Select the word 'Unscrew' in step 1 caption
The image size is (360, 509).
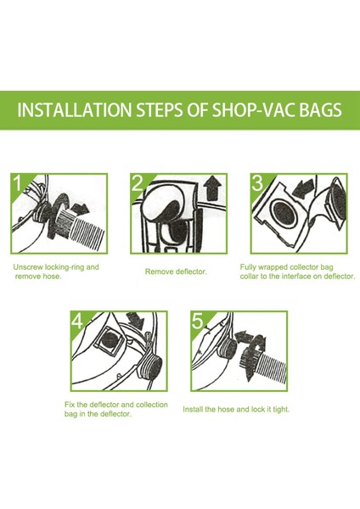tap(27, 266)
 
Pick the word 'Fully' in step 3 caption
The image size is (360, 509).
tap(250, 266)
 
